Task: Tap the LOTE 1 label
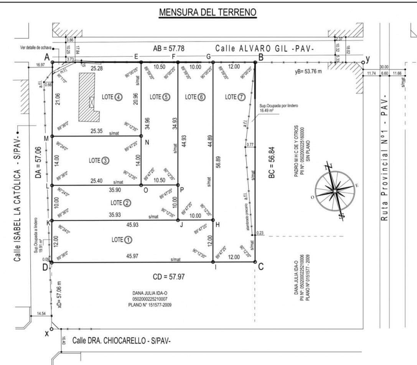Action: (122, 240)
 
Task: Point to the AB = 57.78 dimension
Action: (169, 49)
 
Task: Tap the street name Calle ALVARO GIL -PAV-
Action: (264, 49)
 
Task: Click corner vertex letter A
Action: (47, 57)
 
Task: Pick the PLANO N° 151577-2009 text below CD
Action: (150, 305)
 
